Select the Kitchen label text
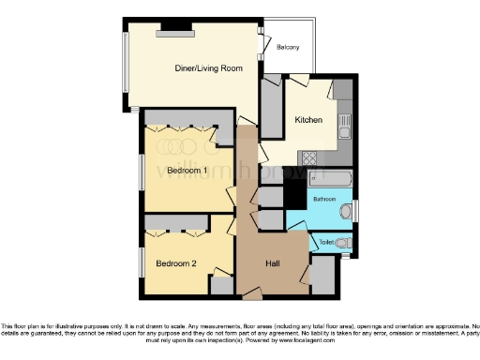tap(308, 120)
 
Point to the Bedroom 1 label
tap(187, 170)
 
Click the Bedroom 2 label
tap(175, 263)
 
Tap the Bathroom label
tap(324, 200)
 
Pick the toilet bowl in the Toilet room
tap(344, 244)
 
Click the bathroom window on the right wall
tap(355, 211)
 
